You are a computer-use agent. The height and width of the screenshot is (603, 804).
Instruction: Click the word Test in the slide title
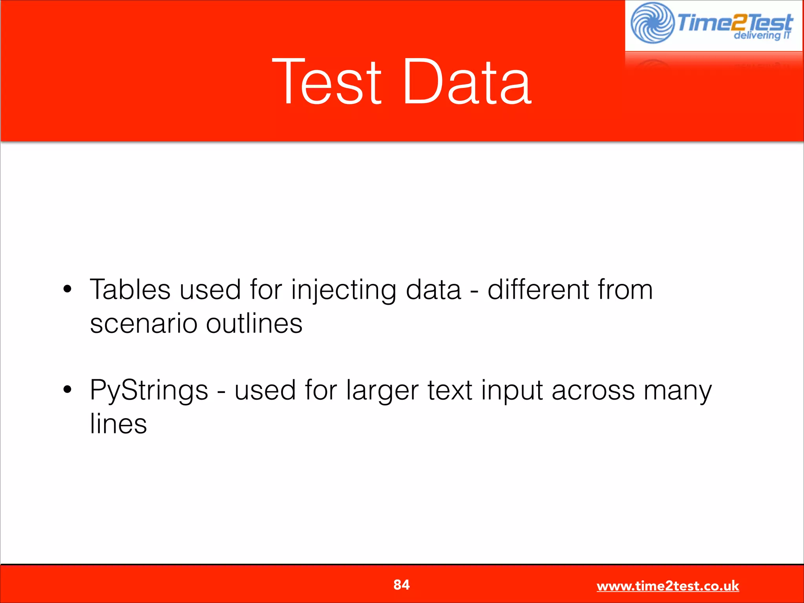[327, 82]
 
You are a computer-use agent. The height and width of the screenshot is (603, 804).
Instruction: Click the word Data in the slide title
[467, 82]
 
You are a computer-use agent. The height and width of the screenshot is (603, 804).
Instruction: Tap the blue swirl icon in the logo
[652, 23]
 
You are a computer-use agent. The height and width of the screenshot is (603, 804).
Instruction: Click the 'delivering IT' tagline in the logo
[762, 35]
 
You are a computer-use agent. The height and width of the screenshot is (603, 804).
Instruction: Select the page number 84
[401, 585]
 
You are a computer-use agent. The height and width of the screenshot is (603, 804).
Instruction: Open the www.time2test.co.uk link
[667, 586]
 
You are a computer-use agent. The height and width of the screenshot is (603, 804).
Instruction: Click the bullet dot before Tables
[68, 289]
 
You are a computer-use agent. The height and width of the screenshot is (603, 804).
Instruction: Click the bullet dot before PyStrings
[68, 389]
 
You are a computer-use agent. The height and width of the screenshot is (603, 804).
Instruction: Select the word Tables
[130, 290]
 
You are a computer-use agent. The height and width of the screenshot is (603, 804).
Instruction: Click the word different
[538, 290]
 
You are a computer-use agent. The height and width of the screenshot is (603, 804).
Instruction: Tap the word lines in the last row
[118, 424]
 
